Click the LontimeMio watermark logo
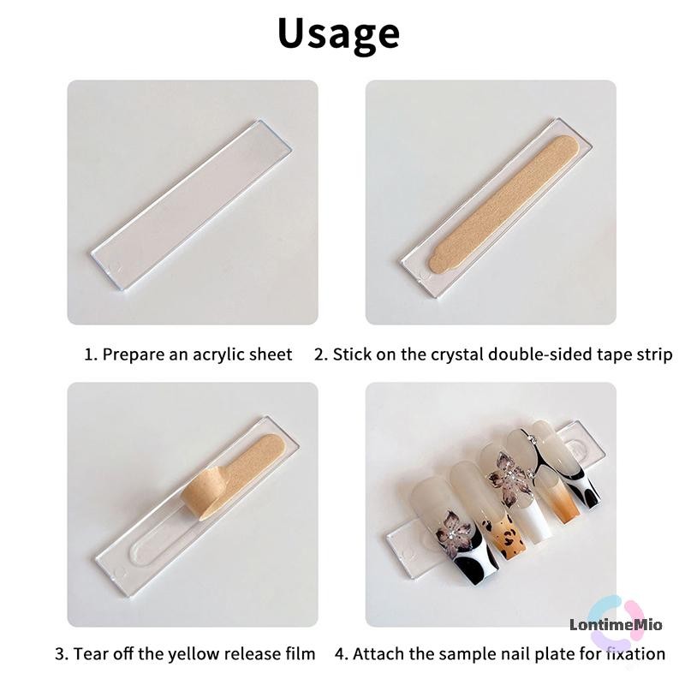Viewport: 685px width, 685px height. pyautogui.click(x=616, y=624)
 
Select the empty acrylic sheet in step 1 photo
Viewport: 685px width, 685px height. pyautogui.click(x=191, y=205)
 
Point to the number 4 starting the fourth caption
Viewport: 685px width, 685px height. pyautogui.click(x=340, y=654)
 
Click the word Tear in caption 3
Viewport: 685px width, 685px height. pyautogui.click(x=88, y=654)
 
